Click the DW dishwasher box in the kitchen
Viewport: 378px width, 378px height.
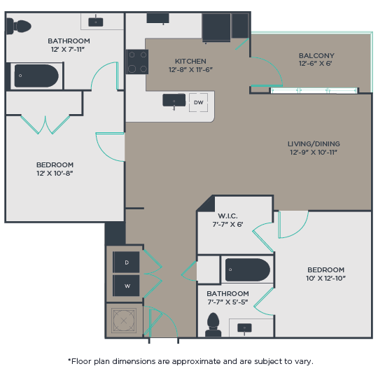[199, 102]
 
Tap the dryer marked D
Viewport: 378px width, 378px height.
[127, 262]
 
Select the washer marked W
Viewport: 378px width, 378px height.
[127, 286]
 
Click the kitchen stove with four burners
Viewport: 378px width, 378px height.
[136, 62]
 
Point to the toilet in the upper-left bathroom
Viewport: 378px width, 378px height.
[20, 27]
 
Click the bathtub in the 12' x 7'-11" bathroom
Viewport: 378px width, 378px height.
[36, 76]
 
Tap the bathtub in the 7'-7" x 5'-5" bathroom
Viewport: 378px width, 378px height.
[246, 269]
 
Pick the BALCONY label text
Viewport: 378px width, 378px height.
[316, 56]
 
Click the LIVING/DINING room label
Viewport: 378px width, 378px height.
[314, 143]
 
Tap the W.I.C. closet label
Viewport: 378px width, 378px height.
[227, 216]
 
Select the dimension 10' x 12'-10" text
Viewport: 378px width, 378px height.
[326, 279]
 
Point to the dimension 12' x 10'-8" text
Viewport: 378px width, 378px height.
[55, 174]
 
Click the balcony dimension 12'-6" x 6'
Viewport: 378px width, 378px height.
[316, 64]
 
